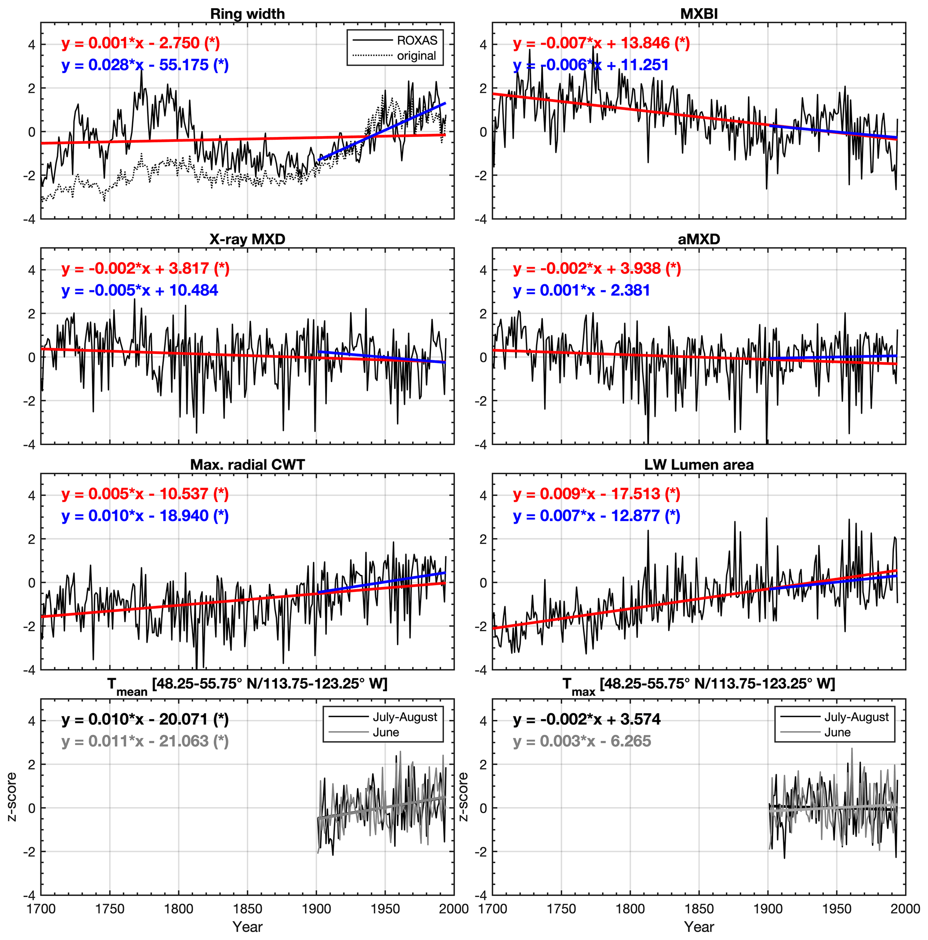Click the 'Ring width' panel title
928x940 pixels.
tap(247, 13)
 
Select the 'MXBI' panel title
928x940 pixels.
tap(699, 13)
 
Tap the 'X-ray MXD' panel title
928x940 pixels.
tap(247, 239)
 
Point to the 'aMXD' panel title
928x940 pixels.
tap(699, 239)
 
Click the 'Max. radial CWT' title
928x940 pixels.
tap(247, 465)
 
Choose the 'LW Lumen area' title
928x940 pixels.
tap(699, 465)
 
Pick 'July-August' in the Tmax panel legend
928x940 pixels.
tap(856, 717)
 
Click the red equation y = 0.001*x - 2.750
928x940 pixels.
tap(141, 43)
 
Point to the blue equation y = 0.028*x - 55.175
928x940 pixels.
tap(145, 65)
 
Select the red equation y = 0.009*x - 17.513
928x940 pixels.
tap(596, 494)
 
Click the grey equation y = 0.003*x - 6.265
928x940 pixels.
tap(582, 741)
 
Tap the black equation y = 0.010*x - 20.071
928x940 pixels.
tap(145, 719)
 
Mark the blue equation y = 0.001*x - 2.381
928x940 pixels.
tap(581, 291)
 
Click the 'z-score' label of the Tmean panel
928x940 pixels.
tap(12, 797)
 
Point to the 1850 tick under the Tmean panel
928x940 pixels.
tap(247, 909)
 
